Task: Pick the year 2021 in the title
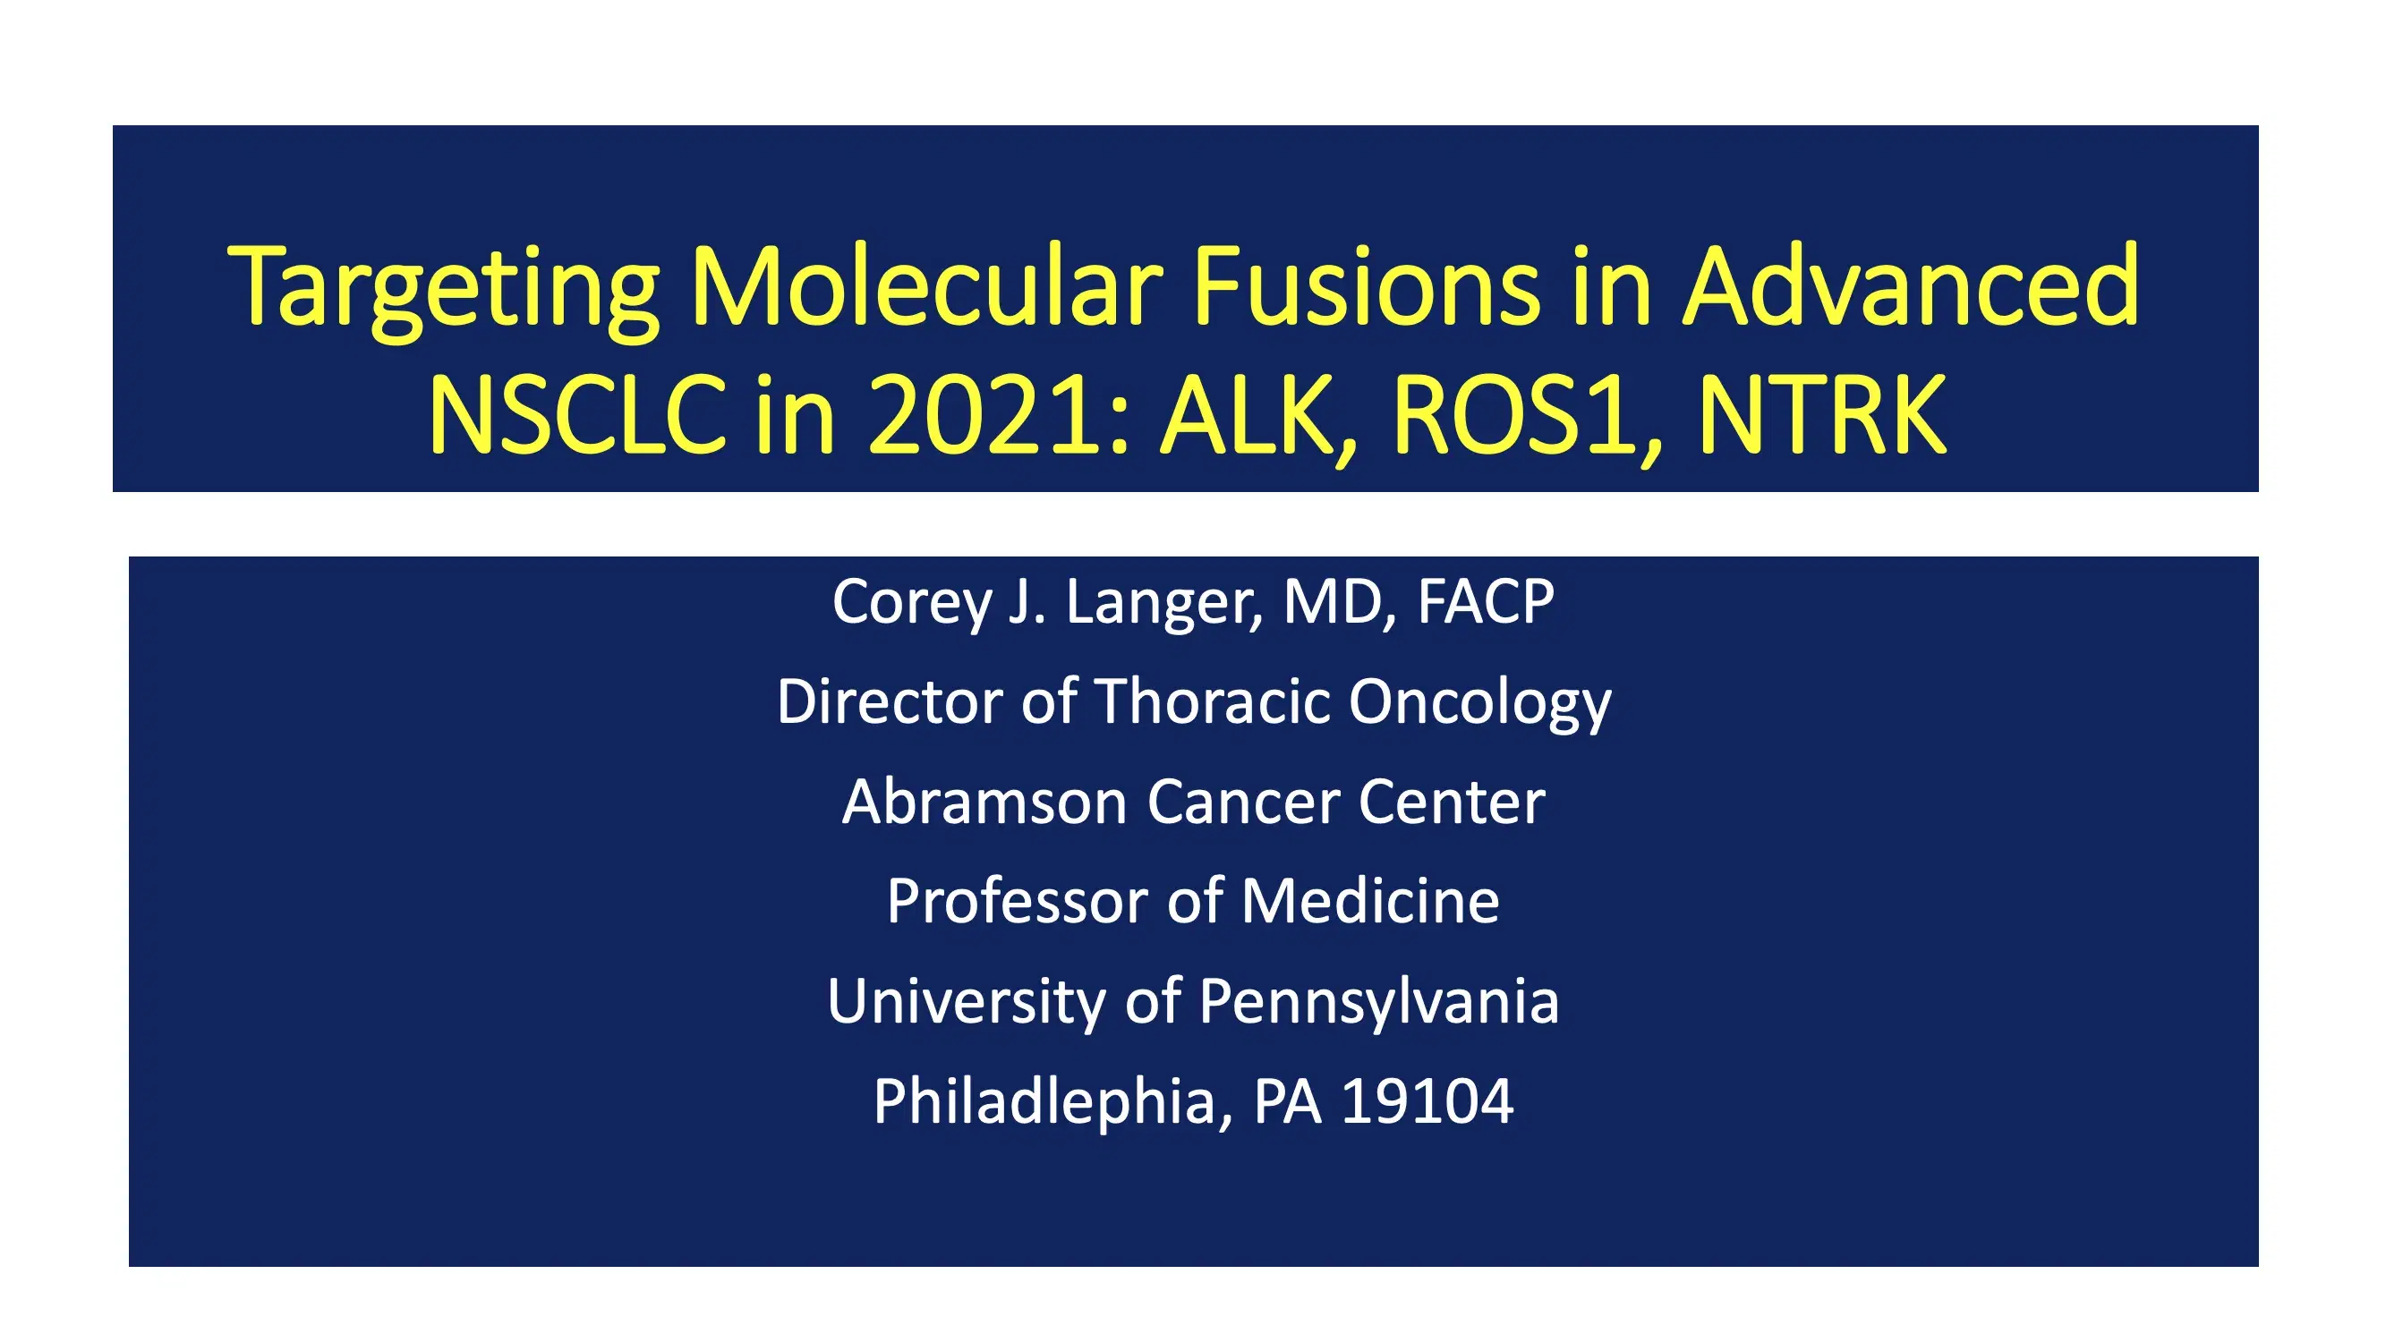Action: [987, 416]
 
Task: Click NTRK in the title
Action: [1821, 416]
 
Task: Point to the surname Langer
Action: [1163, 603]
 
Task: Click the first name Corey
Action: [911, 603]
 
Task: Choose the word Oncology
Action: [1479, 703]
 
